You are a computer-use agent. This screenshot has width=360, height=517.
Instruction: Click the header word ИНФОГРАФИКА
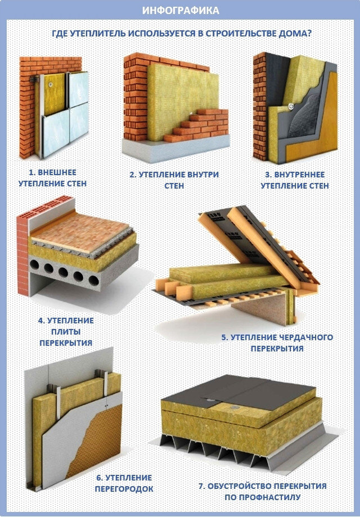[x=181, y=10]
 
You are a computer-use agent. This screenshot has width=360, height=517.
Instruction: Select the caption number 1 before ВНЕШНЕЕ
[x=31, y=173]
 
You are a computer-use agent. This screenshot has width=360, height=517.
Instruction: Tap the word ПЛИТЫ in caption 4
[x=66, y=332]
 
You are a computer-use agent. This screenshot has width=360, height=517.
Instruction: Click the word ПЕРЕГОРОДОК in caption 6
[x=124, y=489]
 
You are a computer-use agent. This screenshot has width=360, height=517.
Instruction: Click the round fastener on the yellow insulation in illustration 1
[x=50, y=84]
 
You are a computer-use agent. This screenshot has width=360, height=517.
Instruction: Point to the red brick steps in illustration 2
[x=199, y=125]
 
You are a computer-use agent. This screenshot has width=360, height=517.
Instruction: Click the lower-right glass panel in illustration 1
[x=79, y=122]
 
